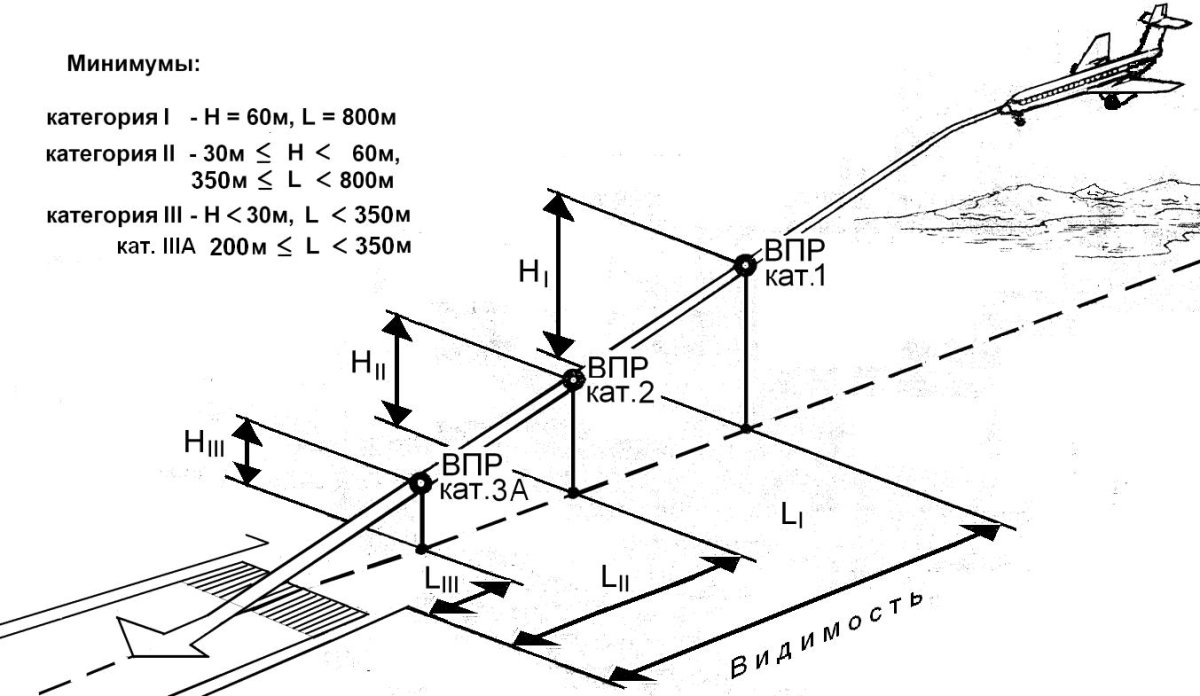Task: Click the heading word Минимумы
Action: tap(133, 64)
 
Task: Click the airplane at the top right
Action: tap(1094, 70)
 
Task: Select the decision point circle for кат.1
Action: tap(745, 265)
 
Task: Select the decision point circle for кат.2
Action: tap(573, 380)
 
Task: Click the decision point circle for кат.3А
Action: tap(421, 483)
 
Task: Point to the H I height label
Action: tap(534, 273)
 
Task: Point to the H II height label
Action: tap(368, 364)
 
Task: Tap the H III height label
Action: tap(204, 444)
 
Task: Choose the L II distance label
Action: tap(615, 579)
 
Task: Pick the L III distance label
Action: tap(441, 580)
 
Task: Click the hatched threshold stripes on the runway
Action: tap(276, 597)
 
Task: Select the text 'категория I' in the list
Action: tap(108, 118)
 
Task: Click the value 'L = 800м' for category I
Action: tap(349, 117)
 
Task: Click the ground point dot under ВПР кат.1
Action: tap(746, 428)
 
